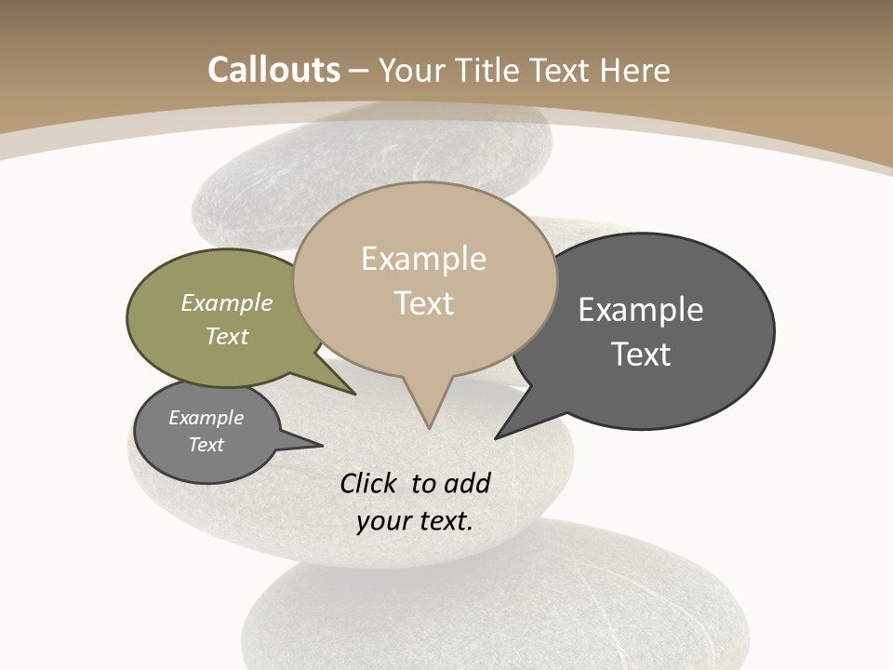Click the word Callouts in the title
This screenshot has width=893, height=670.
coord(273,70)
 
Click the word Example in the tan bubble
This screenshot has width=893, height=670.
coord(424,259)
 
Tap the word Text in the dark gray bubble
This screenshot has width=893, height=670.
coord(641,355)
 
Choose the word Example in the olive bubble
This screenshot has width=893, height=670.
coord(227,302)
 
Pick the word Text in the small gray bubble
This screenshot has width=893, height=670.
coord(207,445)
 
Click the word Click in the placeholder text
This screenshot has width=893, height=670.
coord(367,483)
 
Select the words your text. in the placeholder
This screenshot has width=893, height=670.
coord(415,521)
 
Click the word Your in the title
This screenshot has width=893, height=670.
coord(407,70)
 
